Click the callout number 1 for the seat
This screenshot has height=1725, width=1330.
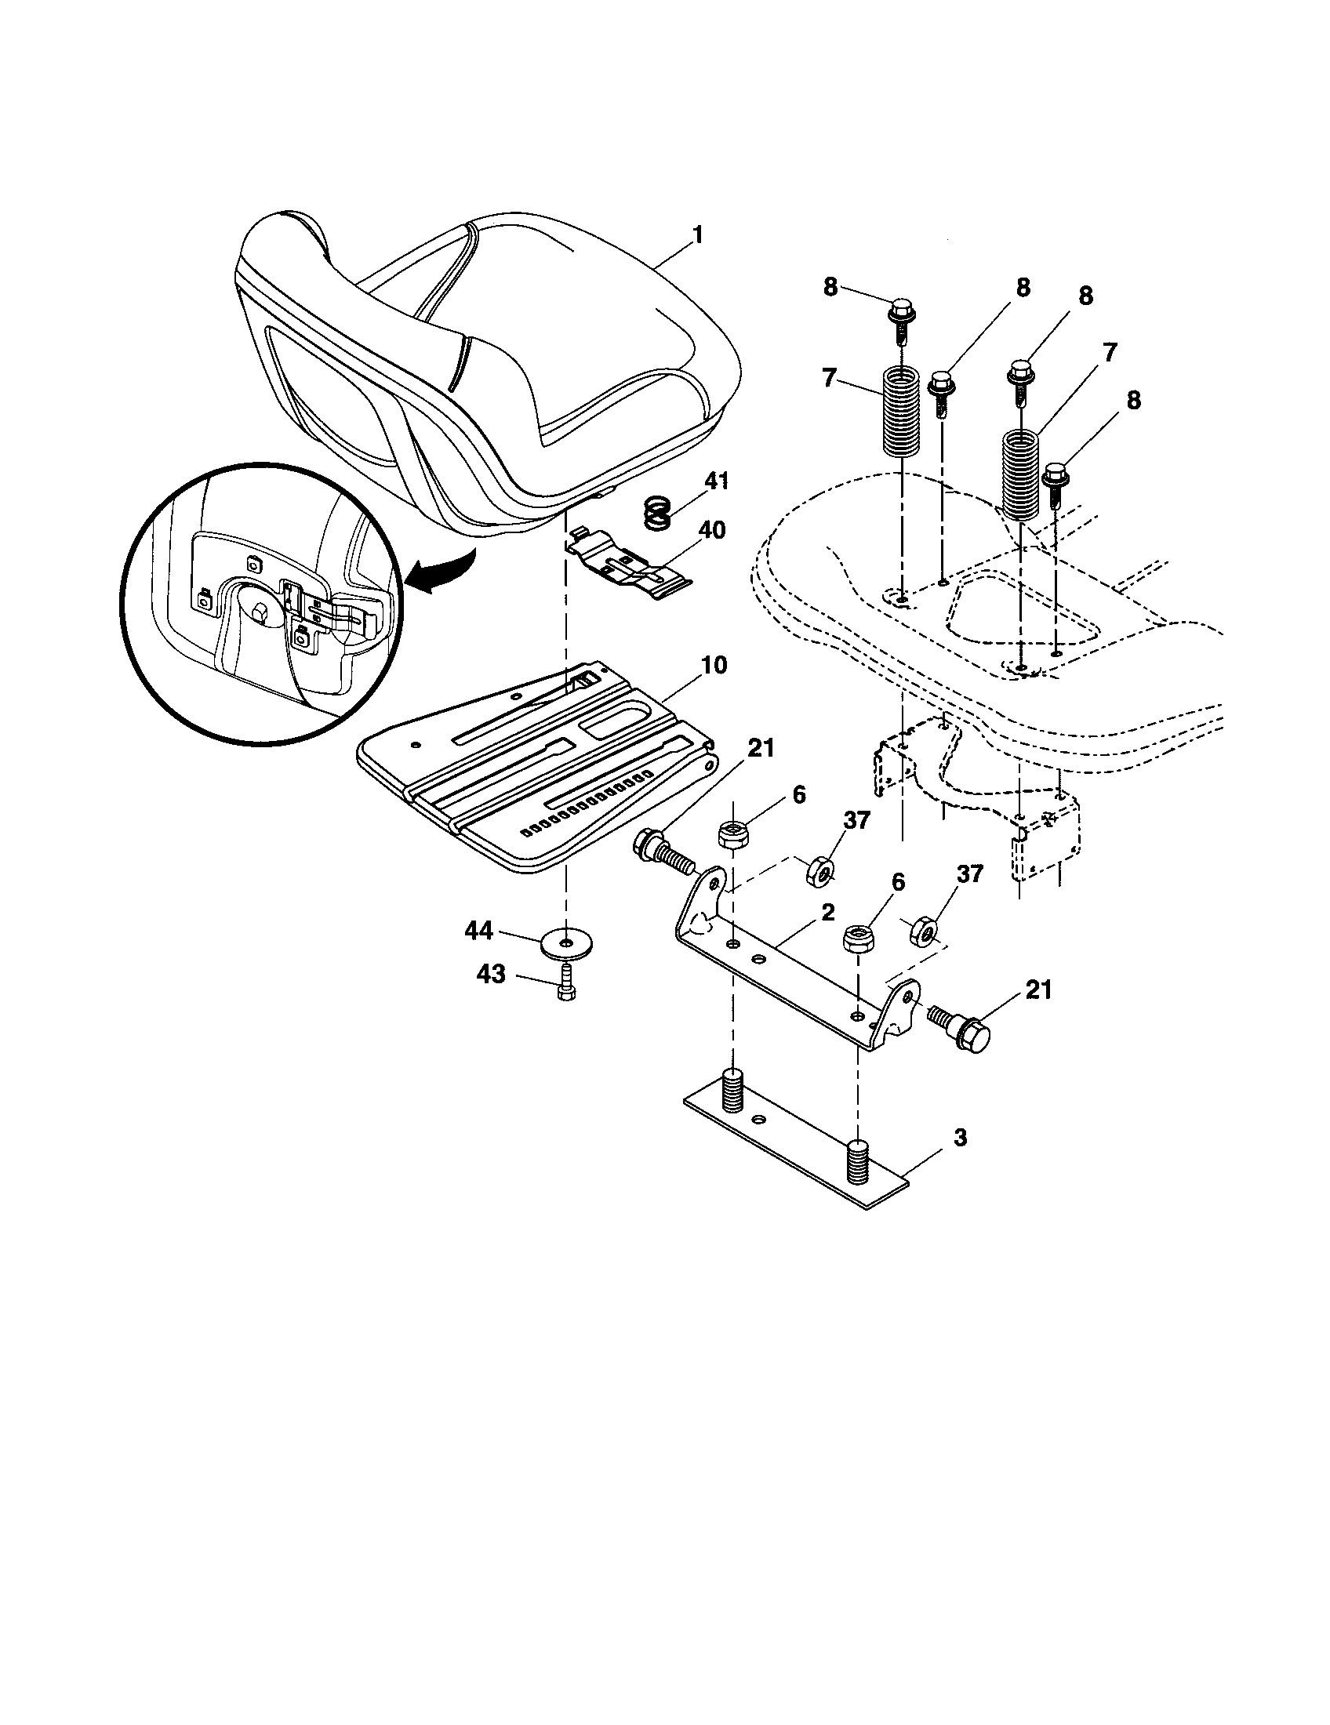click(696, 234)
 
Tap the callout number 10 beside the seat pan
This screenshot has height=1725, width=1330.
click(713, 665)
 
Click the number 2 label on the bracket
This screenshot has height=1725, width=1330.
click(827, 913)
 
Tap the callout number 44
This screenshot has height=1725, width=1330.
click(478, 931)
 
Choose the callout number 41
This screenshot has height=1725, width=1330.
click(716, 481)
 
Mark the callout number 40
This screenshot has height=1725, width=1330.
click(711, 529)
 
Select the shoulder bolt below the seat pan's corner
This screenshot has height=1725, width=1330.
click(662, 852)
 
